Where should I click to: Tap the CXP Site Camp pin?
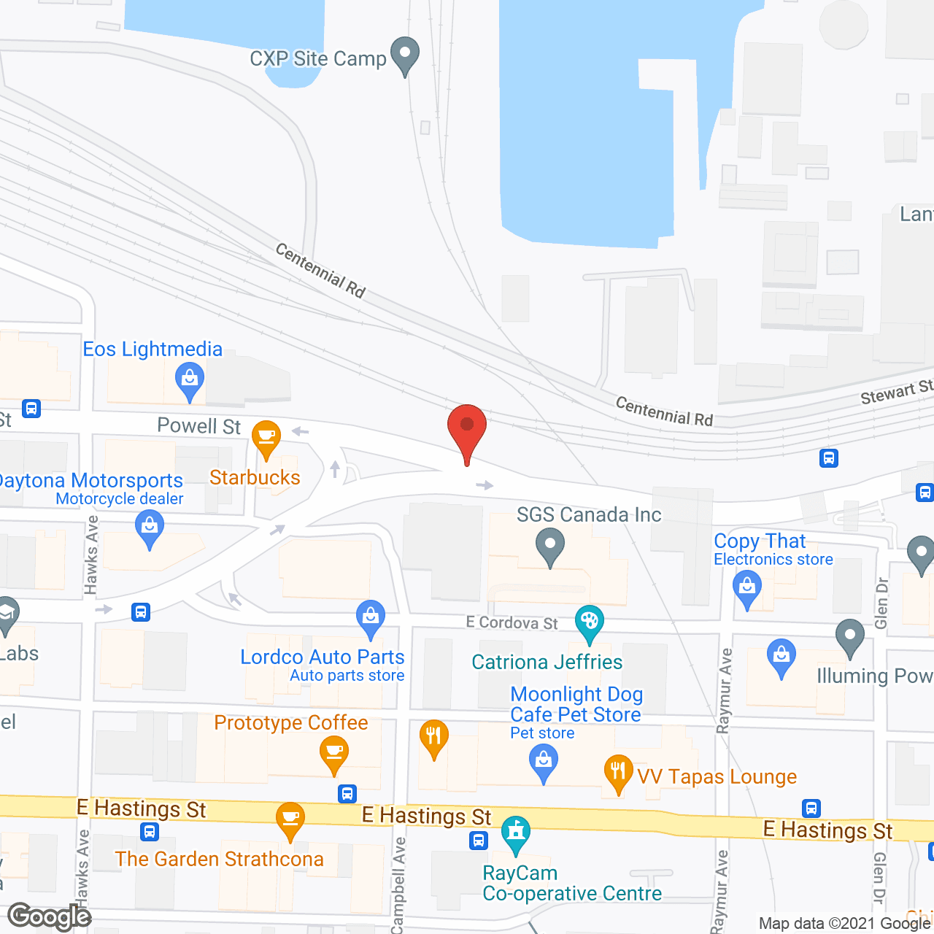click(404, 55)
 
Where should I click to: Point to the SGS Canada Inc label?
click(589, 514)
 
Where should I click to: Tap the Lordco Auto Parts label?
click(323, 657)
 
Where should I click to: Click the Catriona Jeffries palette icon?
click(589, 623)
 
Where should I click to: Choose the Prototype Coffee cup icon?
click(333, 752)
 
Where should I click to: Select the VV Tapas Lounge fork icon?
click(618, 772)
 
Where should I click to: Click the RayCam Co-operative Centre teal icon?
click(516, 833)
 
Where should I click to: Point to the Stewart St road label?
click(896, 393)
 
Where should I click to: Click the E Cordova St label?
click(512, 622)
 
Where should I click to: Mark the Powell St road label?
click(199, 426)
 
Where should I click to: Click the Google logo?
click(50, 917)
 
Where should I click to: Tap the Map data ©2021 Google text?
click(845, 924)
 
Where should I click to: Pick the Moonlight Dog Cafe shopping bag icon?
click(543, 763)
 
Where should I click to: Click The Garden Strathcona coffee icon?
click(290, 819)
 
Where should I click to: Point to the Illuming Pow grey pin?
click(849, 636)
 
